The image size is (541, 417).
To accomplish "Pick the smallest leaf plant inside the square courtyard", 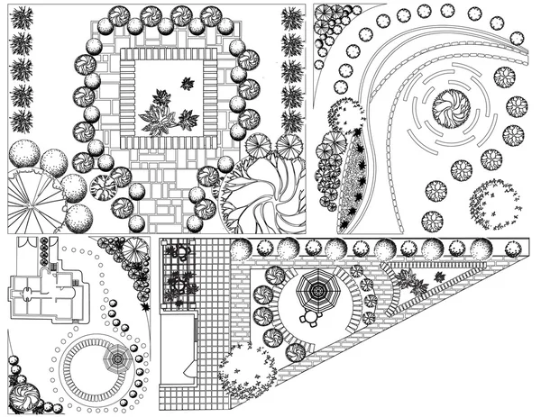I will (188, 84).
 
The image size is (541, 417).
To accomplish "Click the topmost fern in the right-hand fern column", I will (292, 19).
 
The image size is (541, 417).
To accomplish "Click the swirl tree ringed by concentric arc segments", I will (448, 111).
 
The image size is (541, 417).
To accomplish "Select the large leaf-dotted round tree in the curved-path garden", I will (494, 204).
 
